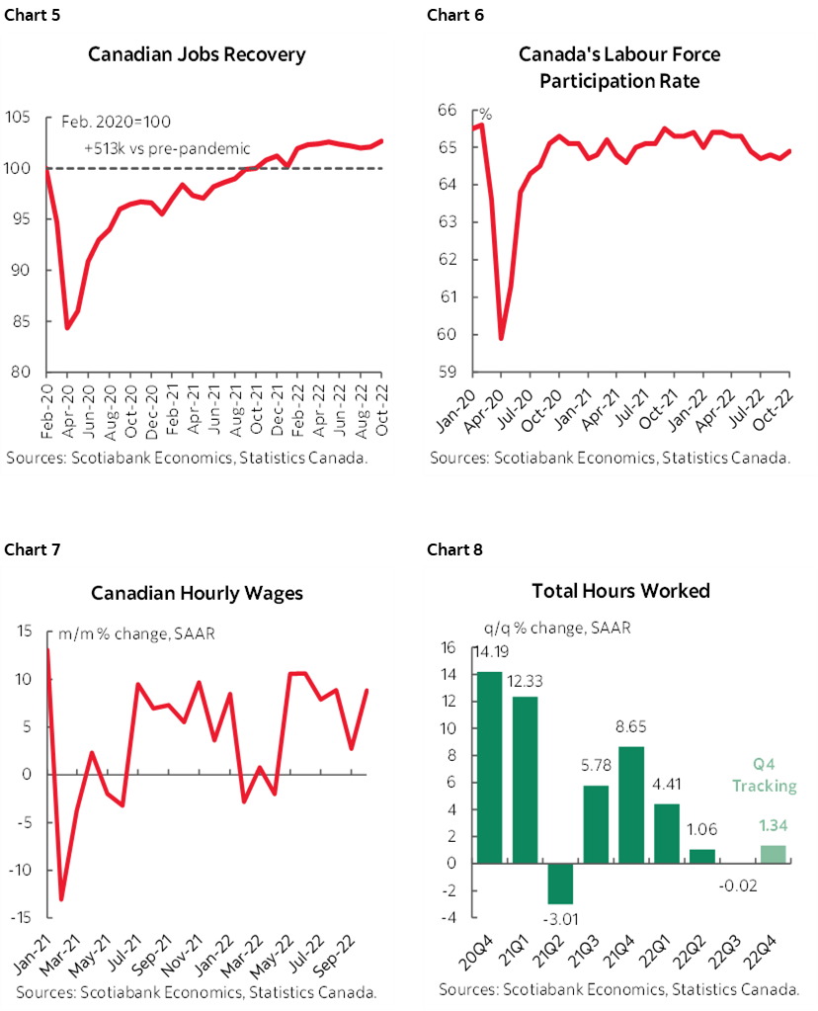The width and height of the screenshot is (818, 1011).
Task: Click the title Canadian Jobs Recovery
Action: pos(197,53)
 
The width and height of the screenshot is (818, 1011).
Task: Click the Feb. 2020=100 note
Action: pos(116,122)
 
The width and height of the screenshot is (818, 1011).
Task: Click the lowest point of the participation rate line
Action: pos(501,338)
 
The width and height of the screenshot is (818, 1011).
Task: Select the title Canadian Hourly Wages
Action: pos(197,593)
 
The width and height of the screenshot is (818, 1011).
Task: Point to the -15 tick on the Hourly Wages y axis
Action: pos(19,917)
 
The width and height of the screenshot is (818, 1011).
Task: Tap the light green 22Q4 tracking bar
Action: pos(774,854)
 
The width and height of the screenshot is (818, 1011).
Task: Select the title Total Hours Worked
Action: pos(620,591)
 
